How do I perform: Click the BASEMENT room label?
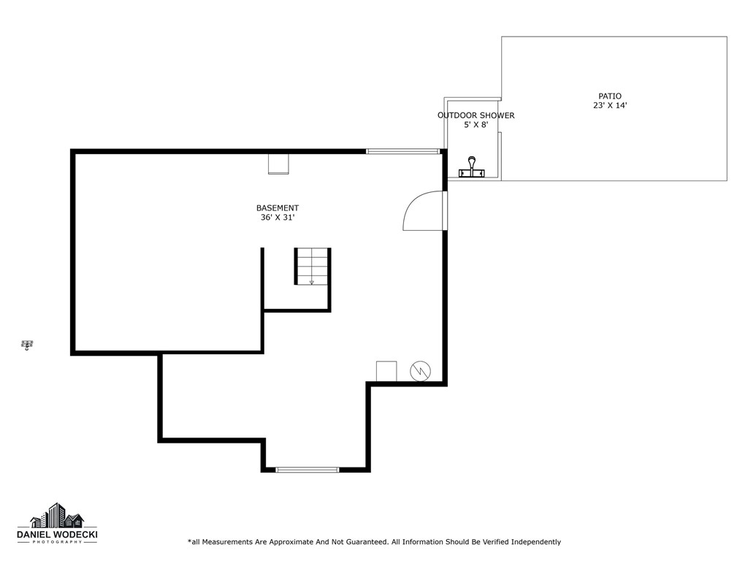278,207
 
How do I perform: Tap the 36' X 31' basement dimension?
278,218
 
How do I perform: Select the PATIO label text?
610,96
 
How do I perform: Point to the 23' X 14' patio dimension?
610,106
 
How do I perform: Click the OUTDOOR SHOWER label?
476,115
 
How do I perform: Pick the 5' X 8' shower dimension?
476,125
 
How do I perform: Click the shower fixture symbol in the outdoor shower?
472,168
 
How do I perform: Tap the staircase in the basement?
312,267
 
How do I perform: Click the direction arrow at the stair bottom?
312,282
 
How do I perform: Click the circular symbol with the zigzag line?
420,371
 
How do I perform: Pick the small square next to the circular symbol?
386,371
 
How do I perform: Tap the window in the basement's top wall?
403,151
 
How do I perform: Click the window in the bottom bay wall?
308,470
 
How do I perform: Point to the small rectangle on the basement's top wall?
278,164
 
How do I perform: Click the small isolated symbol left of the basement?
28,345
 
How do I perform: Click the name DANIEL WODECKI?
57,535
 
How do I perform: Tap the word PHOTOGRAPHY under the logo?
57,543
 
